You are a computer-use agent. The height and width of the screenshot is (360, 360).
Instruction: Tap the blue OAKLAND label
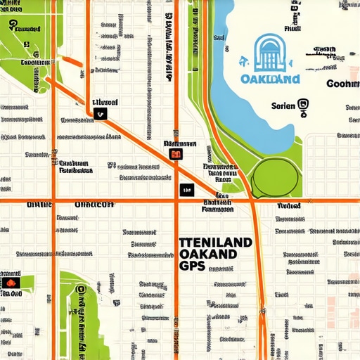click(270, 79)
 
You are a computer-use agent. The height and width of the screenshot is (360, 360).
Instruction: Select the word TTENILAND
click(215, 242)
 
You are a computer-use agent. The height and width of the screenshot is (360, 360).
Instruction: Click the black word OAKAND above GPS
click(211, 255)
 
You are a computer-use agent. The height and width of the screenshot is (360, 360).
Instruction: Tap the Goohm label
click(343, 84)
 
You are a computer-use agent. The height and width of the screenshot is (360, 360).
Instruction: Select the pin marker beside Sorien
click(303, 108)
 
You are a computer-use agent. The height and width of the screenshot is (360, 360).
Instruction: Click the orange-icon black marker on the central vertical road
click(176, 154)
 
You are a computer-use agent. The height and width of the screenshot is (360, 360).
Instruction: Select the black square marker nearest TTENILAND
click(186, 189)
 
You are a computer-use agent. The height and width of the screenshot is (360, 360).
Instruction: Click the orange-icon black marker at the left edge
click(12, 283)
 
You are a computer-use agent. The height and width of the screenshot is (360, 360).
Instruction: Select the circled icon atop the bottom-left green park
click(80, 289)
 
